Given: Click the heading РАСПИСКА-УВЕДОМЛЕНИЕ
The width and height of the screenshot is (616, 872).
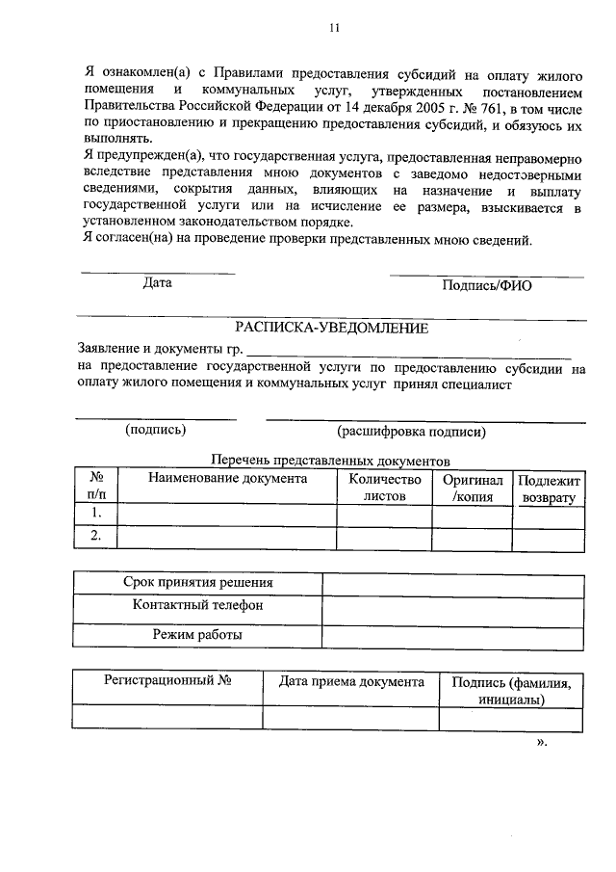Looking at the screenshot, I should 331,328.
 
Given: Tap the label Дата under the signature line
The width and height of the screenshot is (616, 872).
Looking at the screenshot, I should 157,283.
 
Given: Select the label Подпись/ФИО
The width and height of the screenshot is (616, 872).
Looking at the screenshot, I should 486,285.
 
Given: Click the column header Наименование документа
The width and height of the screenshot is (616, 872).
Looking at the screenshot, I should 227,478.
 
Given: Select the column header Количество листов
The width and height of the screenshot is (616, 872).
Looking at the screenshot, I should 384,488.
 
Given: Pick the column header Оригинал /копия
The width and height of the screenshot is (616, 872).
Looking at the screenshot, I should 472,488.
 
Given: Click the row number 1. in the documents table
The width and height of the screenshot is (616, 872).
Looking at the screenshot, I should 96,514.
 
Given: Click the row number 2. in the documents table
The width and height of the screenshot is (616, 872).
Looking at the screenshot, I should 96,538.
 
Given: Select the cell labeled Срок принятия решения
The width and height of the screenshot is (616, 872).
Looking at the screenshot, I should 197,583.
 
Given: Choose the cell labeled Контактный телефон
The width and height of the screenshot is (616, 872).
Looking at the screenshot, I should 197,607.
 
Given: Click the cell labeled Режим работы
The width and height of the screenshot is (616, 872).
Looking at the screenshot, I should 197,635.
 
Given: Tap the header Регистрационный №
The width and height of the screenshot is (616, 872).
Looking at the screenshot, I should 168,682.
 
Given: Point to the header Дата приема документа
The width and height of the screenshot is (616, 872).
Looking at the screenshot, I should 351,682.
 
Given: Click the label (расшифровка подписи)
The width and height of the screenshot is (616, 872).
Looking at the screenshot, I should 411,433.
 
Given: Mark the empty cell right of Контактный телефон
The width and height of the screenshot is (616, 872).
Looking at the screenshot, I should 452,609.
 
